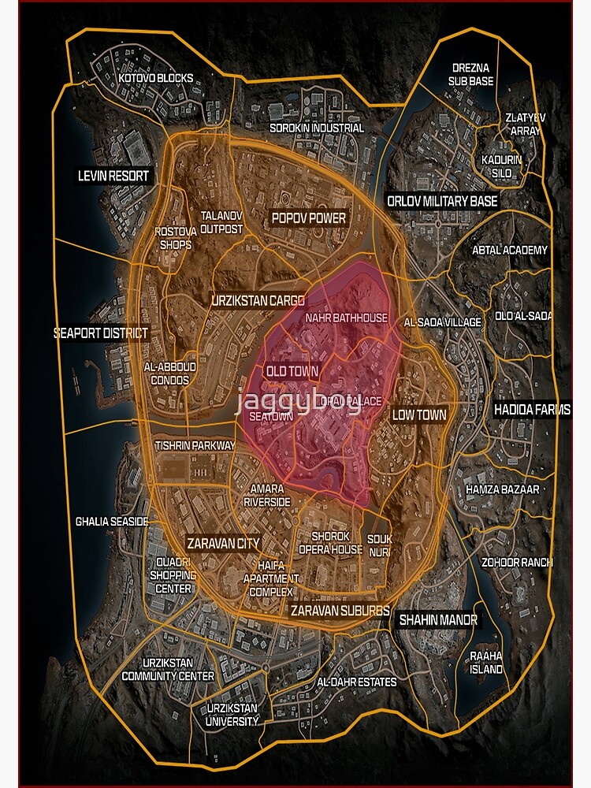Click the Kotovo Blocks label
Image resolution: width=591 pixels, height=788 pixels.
click(x=155, y=79)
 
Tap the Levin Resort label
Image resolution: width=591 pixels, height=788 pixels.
click(x=113, y=176)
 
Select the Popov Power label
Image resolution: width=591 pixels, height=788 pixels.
click(x=309, y=217)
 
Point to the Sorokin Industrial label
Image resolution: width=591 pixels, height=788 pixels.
click(x=317, y=128)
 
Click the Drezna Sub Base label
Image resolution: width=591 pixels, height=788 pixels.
click(x=471, y=74)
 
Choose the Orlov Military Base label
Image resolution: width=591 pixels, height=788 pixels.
click(x=442, y=201)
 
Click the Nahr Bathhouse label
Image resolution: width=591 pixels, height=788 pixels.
click(x=347, y=318)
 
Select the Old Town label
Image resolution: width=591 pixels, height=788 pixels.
click(x=292, y=371)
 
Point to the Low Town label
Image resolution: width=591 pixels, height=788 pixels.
click(x=419, y=414)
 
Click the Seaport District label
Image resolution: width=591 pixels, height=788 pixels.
click(x=100, y=333)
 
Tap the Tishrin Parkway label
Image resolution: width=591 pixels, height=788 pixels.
click(x=195, y=445)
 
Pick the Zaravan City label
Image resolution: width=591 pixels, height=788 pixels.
click(x=223, y=543)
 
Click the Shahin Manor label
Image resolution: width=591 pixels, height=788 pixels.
click(x=437, y=620)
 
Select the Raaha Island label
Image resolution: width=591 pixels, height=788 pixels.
click(x=485, y=663)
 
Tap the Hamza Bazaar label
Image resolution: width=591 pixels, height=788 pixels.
click(x=503, y=489)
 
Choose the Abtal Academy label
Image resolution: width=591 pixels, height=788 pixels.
click(x=509, y=250)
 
